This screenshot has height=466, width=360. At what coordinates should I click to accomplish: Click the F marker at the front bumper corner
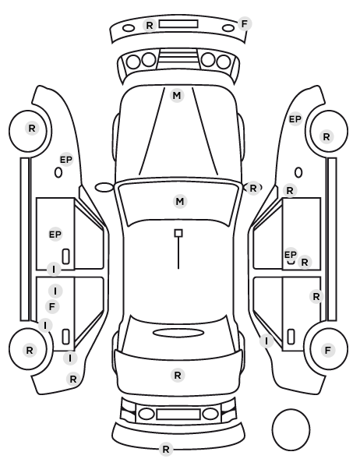(245, 24)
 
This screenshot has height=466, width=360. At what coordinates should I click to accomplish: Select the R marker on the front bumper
(150, 25)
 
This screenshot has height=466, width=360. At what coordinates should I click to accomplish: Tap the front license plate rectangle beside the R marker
(178, 24)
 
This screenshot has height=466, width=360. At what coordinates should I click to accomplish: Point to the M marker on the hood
(177, 96)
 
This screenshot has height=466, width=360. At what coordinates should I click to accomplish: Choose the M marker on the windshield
(180, 202)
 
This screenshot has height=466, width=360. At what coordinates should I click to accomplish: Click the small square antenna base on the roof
(178, 233)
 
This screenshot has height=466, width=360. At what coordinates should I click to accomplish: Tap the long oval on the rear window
(178, 333)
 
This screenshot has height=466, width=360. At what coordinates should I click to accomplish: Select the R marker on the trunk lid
(178, 376)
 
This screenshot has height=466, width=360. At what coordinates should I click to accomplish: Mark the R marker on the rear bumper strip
(166, 450)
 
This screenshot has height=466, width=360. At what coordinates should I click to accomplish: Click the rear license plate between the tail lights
(178, 415)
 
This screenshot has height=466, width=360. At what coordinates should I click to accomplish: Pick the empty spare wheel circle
(291, 429)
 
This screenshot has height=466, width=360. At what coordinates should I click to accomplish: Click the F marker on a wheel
(327, 351)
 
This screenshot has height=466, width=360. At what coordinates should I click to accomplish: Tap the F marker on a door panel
(52, 307)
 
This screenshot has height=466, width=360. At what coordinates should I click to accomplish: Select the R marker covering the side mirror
(252, 188)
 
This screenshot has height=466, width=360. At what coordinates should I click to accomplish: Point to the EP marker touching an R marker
(291, 255)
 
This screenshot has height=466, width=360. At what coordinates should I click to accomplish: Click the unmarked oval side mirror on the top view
(104, 188)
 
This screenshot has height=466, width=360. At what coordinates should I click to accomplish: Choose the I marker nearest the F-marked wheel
(266, 341)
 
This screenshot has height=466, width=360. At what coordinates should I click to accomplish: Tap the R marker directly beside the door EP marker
(305, 263)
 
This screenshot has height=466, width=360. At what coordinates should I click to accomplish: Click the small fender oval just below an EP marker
(58, 173)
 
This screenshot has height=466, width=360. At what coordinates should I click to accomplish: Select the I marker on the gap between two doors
(54, 270)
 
